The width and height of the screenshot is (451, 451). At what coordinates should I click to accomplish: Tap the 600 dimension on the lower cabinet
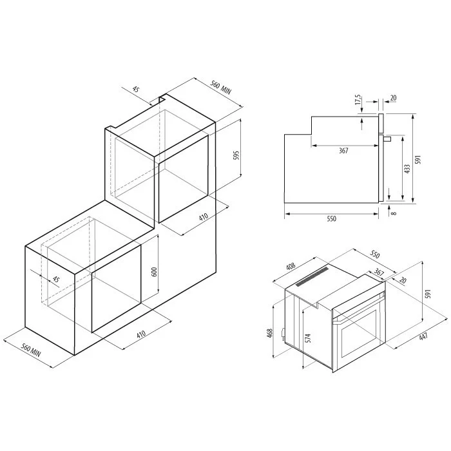[154, 272]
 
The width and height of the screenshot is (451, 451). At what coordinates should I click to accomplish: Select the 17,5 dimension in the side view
[358, 101]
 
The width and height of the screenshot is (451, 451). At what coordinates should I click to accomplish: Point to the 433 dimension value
[407, 169]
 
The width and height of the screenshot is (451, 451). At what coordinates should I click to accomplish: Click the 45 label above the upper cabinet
[137, 90]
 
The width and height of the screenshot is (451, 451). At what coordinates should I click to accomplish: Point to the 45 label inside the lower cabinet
[56, 280]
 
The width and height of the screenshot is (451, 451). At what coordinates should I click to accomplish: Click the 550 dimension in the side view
[331, 219]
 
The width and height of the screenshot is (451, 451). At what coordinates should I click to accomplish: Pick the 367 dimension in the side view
[343, 151]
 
